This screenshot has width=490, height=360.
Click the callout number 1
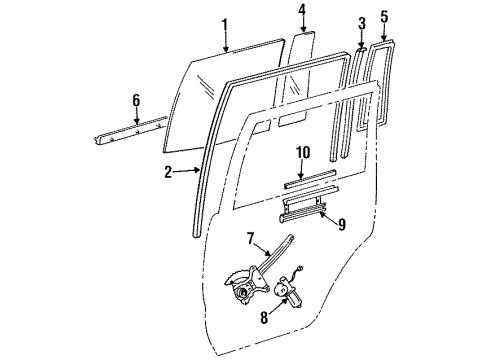coord(225,24)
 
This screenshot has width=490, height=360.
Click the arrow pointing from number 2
coord(189,172)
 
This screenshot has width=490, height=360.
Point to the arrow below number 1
coord(226,42)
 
